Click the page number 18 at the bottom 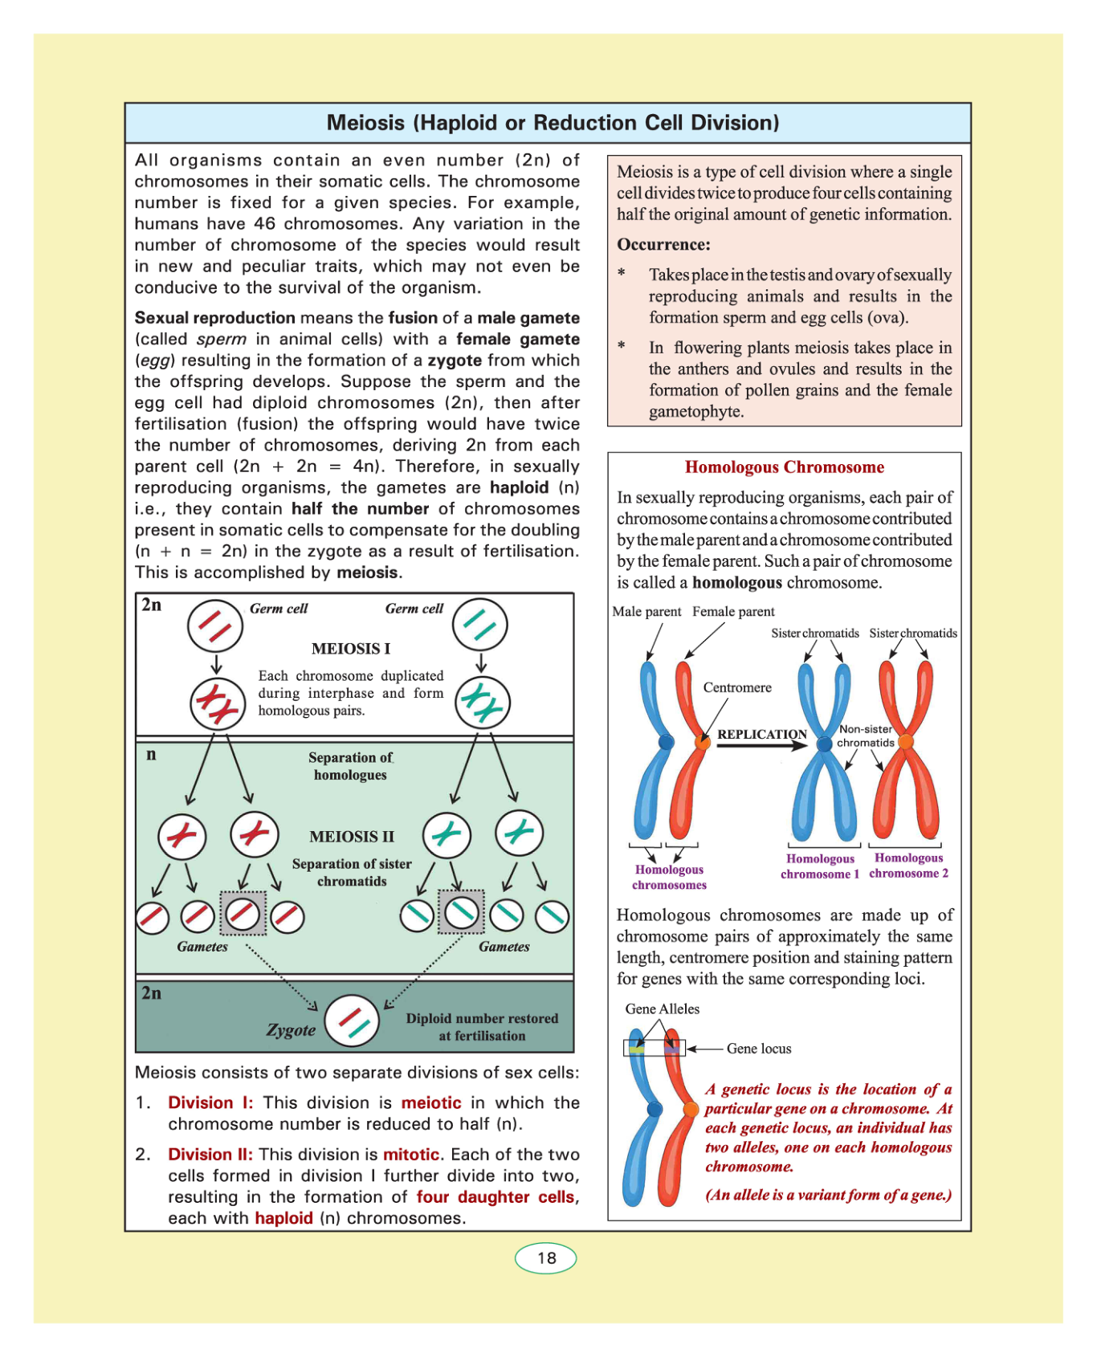click(546, 1257)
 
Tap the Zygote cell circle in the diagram click(352, 1021)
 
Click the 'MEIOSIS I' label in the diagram click(351, 649)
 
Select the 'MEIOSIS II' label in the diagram click(352, 837)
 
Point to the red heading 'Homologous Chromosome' click(784, 467)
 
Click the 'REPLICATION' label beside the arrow click(761, 734)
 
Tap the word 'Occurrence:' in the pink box click(663, 245)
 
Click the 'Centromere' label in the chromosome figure click(737, 687)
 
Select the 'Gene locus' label click(759, 1049)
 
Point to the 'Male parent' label click(646, 612)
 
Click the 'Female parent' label click(733, 612)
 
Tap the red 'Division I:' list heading click(210, 1103)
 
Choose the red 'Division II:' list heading click(210, 1155)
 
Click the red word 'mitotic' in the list click(411, 1155)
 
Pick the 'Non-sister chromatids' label click(866, 736)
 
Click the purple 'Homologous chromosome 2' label click(908, 866)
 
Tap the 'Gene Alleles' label click(663, 1009)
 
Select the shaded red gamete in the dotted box click(243, 913)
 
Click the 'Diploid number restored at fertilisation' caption click(482, 1027)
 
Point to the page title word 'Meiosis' click(365, 123)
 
